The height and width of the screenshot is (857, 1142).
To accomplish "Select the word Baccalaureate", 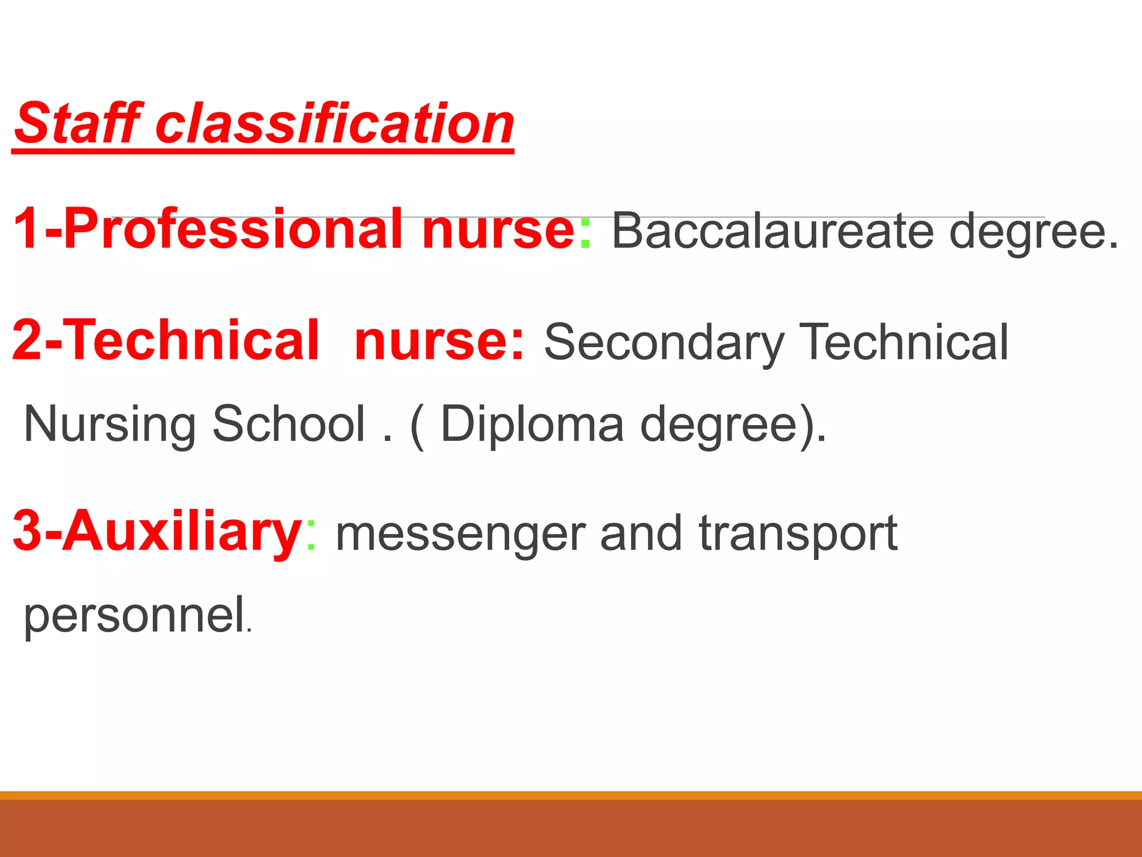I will tap(772, 230).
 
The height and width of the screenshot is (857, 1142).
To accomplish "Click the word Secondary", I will tap(664, 342).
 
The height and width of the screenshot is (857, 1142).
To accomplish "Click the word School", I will tap(289, 424).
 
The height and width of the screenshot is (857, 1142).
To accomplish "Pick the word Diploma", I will tap(532, 424).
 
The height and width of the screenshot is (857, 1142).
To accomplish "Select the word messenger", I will tap(461, 535).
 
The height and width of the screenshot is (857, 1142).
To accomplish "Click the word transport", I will tap(798, 535).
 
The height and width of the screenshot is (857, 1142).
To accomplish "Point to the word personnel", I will tap(134, 615).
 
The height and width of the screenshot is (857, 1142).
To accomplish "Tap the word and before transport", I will tap(641, 533).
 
